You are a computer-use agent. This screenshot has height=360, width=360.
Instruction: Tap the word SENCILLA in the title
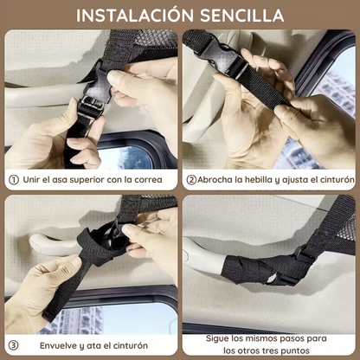(x=240, y=15)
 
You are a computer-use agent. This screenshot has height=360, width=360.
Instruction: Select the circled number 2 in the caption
(x=190, y=180)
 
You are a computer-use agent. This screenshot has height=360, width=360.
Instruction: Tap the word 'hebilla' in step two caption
(x=260, y=180)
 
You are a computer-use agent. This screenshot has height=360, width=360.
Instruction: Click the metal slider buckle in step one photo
(x=91, y=108)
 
